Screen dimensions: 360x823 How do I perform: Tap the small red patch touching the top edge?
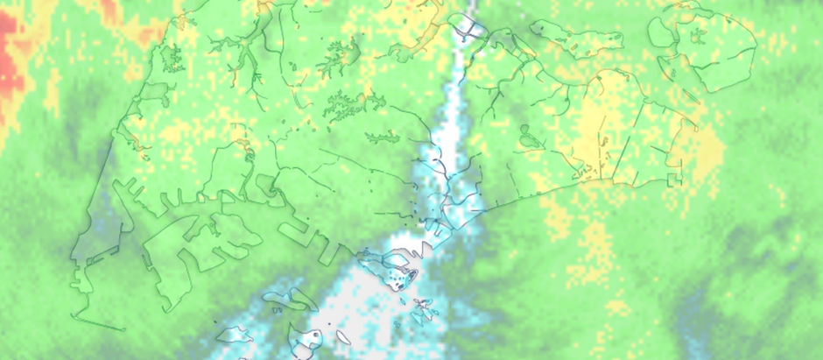coord(110,8)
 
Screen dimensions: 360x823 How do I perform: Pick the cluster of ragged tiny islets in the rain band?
coord(422,307)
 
